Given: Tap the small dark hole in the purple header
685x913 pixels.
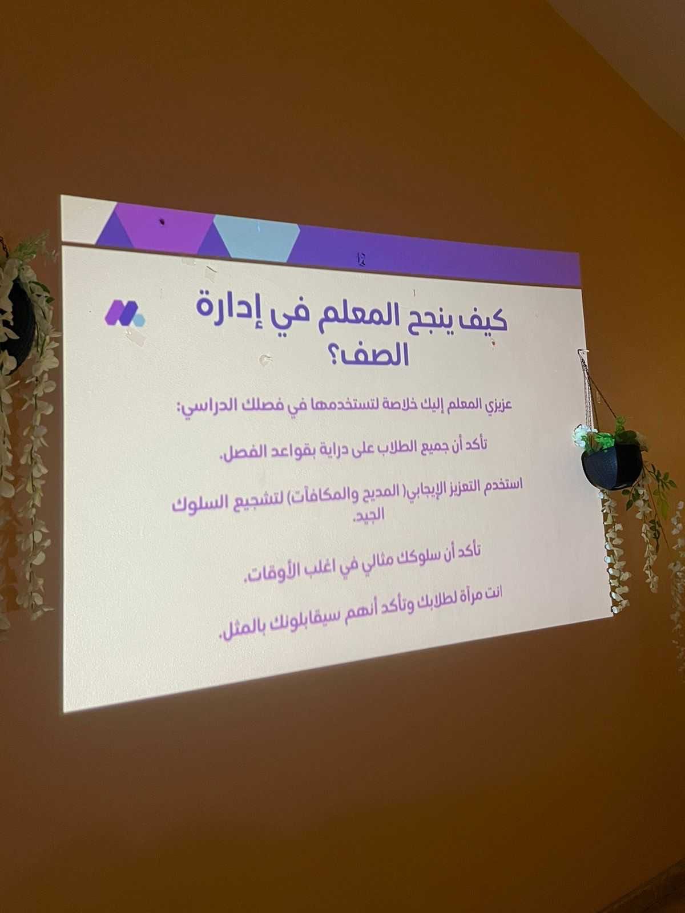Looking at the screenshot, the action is click(163, 223).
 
